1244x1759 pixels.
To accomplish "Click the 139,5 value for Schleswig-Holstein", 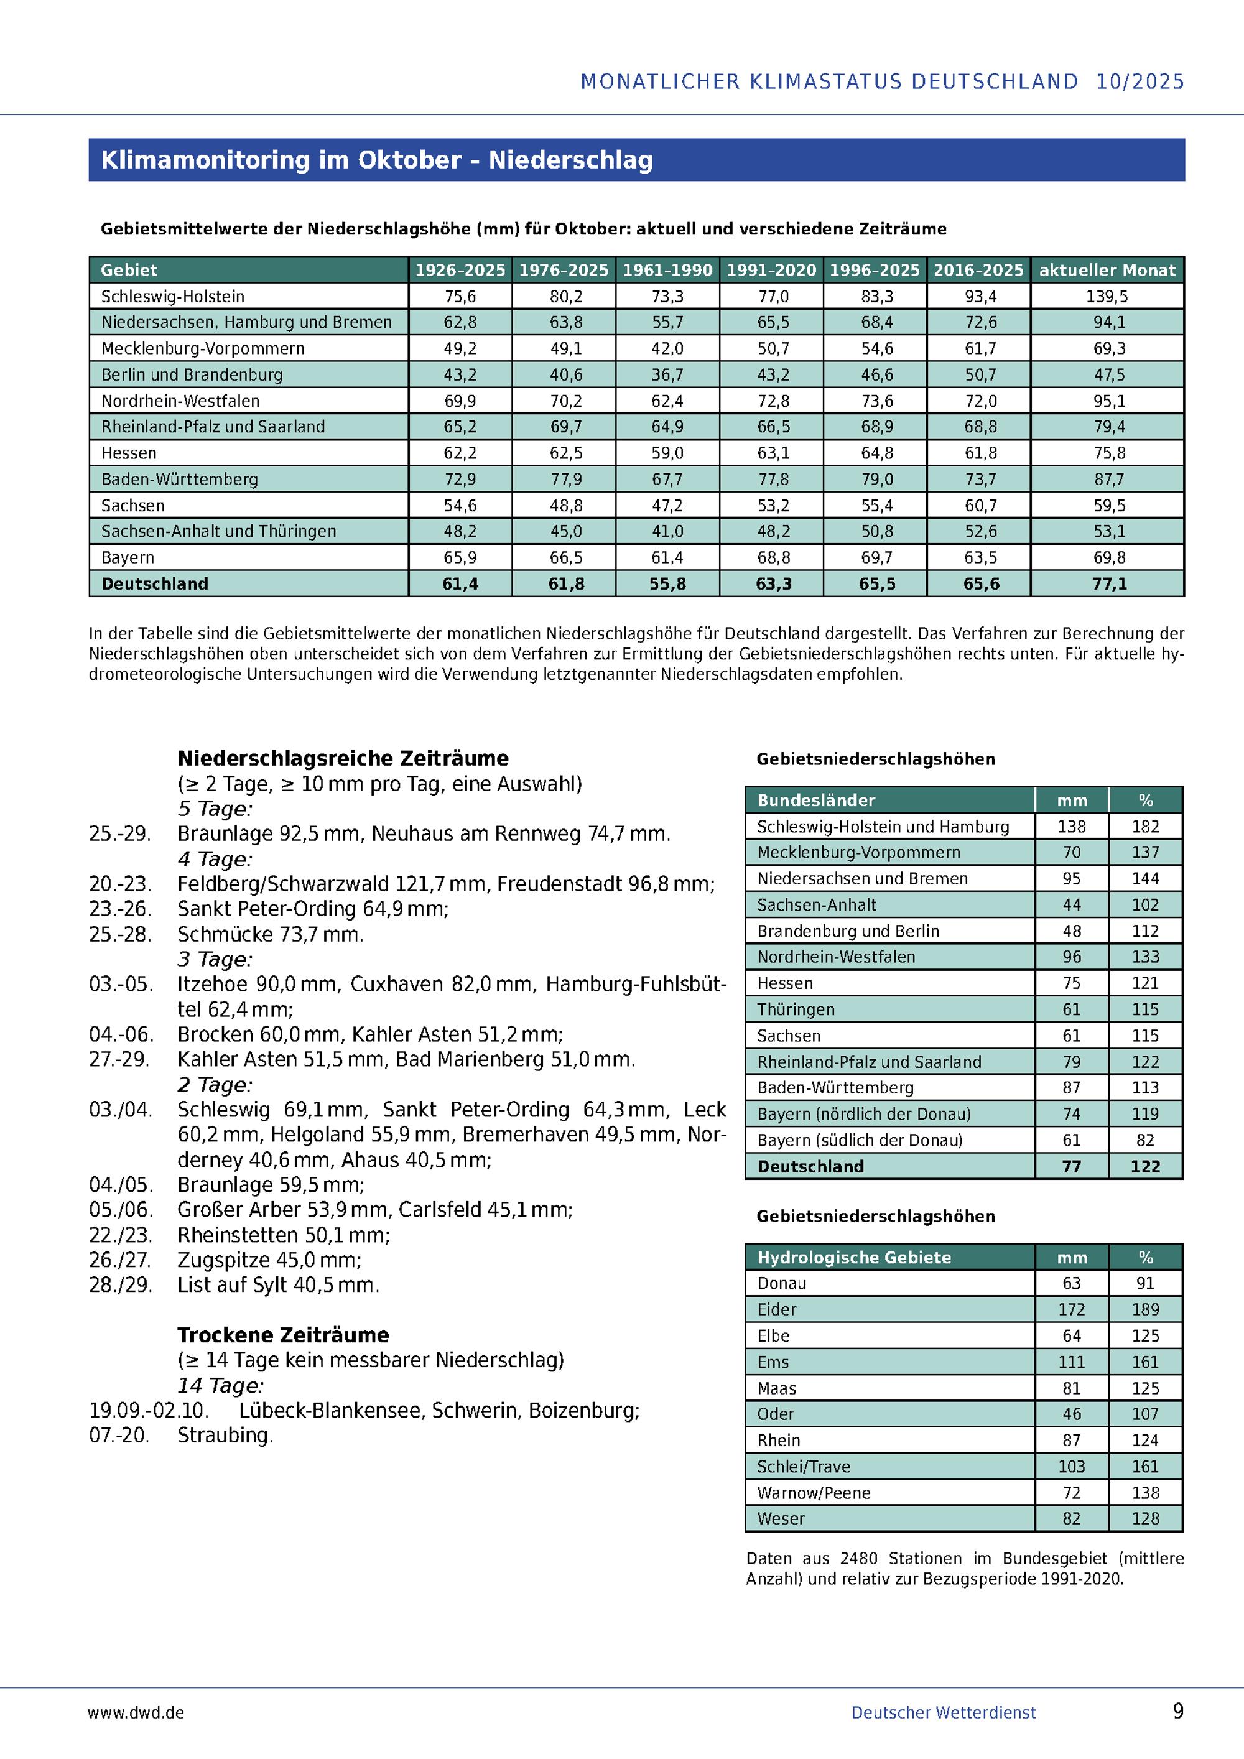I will point(1108,297).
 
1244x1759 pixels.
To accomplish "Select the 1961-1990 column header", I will point(667,271).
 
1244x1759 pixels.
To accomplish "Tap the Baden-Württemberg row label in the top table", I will point(179,480).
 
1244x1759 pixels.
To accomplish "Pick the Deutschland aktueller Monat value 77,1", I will point(1108,584).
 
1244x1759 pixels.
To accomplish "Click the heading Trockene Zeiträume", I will point(284,1335).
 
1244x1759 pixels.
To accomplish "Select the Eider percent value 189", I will point(1145,1309).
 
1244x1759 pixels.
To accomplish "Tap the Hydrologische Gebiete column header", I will point(854,1257).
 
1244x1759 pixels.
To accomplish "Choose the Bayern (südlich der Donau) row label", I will point(860,1140).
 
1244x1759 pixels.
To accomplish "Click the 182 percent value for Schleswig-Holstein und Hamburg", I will point(1145,827).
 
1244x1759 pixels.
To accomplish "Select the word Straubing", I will point(225,1436).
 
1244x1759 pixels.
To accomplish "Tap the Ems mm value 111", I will point(1071,1362).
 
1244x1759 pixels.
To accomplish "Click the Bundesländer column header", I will point(816,801).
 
